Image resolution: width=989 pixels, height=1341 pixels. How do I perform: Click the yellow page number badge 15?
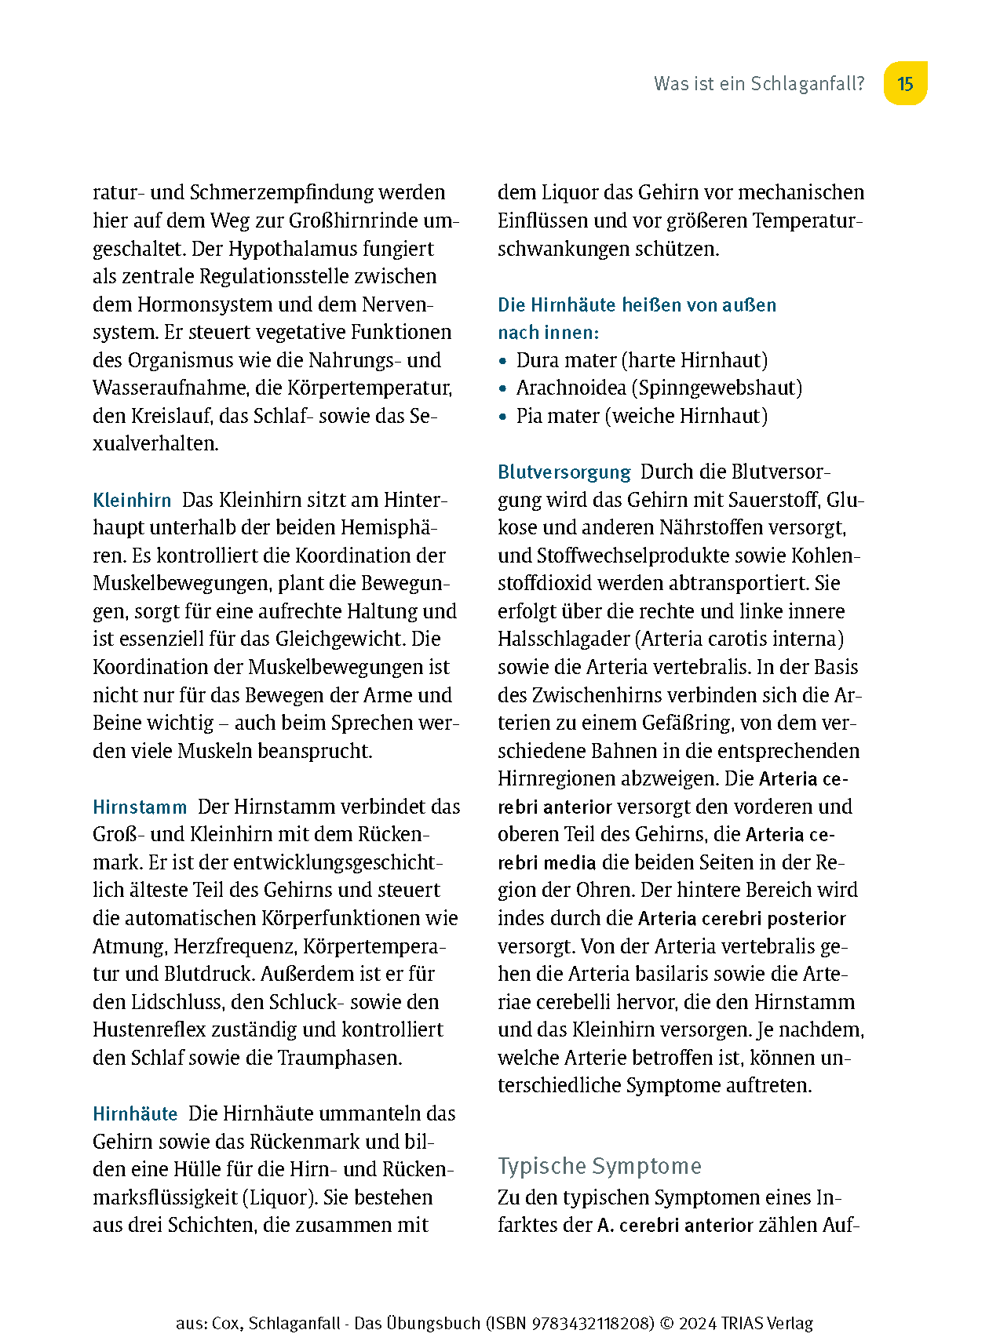(x=905, y=83)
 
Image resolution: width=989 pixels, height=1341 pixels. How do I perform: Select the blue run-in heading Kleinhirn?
(x=132, y=501)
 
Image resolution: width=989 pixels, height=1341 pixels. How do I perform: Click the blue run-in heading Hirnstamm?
(x=140, y=807)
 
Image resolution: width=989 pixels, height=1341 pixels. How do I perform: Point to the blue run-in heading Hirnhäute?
(x=135, y=1114)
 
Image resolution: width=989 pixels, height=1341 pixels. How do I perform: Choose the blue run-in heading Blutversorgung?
(x=564, y=472)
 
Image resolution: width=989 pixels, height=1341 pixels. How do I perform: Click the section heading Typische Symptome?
(x=599, y=1166)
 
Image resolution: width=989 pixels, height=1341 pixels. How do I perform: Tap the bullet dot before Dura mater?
(x=503, y=362)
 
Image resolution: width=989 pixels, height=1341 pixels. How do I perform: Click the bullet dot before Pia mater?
(x=503, y=417)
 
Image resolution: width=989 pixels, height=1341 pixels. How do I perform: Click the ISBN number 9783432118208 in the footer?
(x=593, y=1323)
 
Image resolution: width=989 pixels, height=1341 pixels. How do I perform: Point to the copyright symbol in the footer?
(x=666, y=1323)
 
